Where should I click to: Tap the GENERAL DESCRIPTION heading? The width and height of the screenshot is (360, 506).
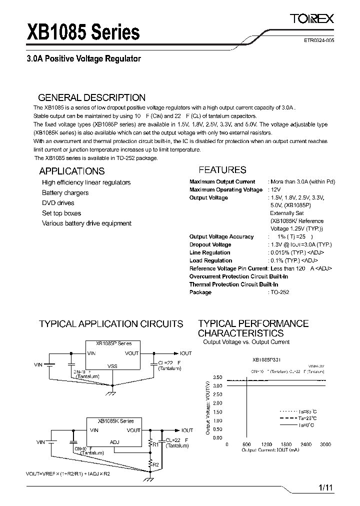coord(92,98)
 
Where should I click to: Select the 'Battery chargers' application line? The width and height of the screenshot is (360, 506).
coord(65,193)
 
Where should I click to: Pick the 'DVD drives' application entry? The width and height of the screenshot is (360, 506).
coord(58,203)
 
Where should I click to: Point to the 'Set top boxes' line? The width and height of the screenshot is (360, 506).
coord(61,213)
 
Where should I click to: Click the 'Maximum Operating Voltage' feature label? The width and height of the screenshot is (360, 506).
coord(226,190)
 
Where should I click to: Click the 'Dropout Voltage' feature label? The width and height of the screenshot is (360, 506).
coord(210,245)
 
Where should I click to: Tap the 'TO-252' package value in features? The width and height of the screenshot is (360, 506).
coord(280,292)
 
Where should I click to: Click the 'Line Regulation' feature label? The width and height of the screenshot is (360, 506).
coord(209,253)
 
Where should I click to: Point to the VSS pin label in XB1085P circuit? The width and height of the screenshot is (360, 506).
coord(112,366)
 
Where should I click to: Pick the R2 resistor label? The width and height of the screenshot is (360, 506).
coord(155,465)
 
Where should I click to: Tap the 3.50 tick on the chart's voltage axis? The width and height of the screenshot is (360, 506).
coord(217,377)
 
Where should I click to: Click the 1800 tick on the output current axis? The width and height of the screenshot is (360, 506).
coord(285,444)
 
